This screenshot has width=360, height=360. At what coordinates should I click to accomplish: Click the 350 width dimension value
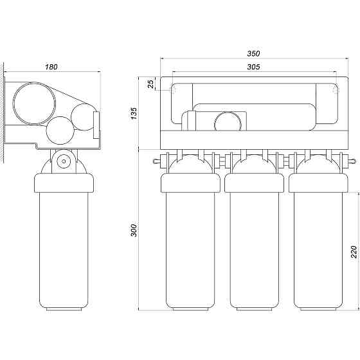click(253, 53)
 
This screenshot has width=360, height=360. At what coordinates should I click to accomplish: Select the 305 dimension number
click(253, 67)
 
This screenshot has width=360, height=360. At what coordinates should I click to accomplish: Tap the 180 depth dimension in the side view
click(51, 67)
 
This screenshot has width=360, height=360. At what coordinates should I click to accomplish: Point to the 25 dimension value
click(150, 84)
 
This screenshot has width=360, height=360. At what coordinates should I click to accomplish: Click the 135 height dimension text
click(134, 113)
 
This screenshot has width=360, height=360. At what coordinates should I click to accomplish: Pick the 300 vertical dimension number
click(134, 230)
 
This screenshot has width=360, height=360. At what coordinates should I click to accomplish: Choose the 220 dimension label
click(354, 252)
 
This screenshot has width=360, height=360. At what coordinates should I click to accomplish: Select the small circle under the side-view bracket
click(64, 161)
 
